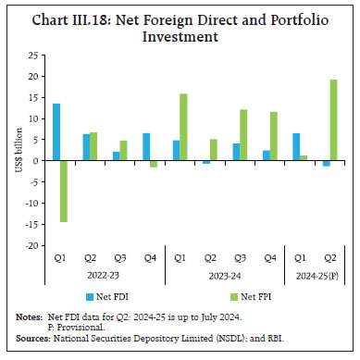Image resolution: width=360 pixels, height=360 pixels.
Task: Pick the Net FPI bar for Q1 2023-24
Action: (184, 128)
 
